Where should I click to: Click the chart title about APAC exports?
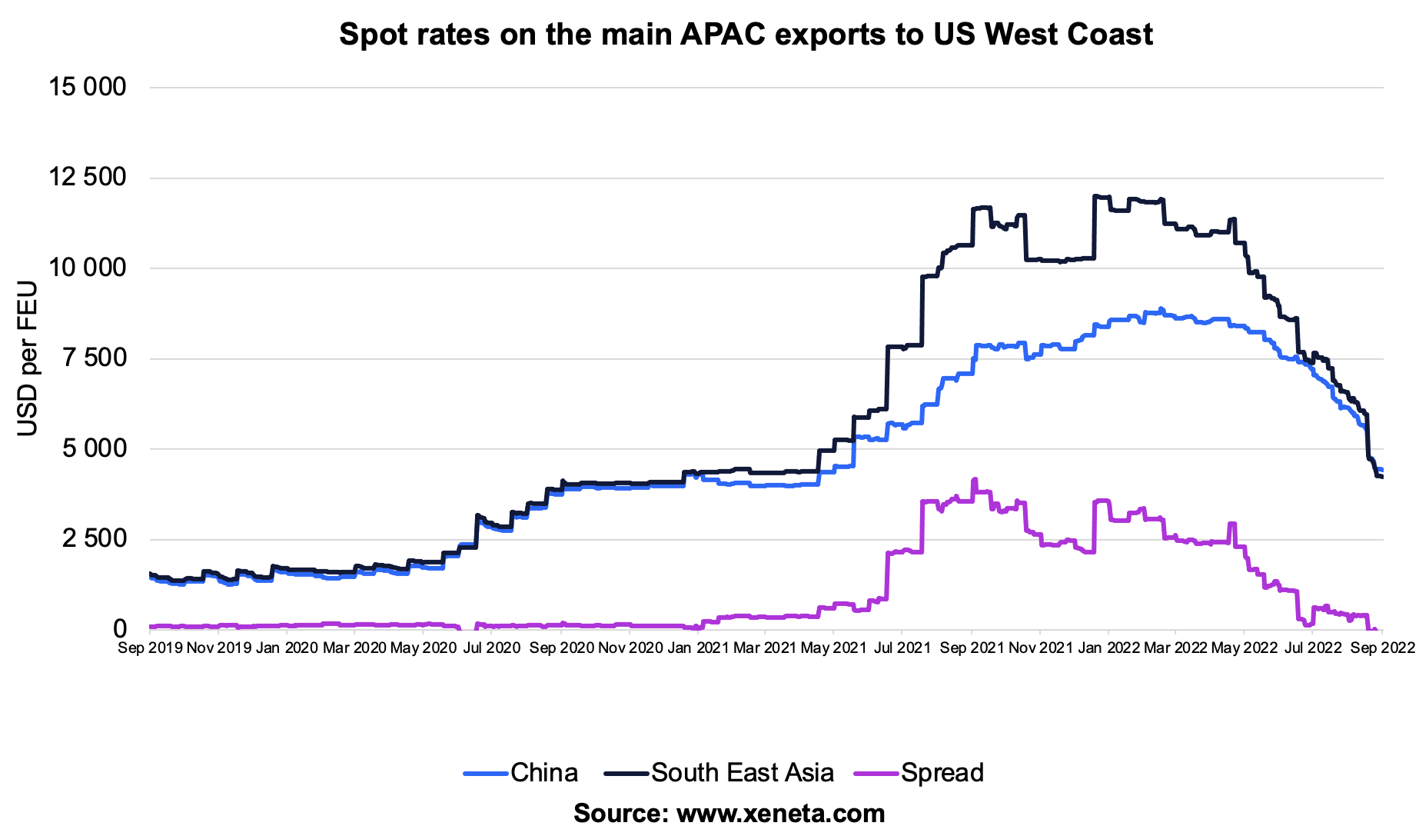pos(745,35)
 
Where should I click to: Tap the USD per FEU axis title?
pos(28,358)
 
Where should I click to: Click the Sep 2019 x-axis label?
pos(151,648)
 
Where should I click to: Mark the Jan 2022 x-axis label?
pos(1108,648)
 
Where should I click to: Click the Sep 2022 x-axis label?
pos(1382,648)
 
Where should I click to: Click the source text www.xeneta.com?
pos(729,813)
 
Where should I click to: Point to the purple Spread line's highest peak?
pos(975,479)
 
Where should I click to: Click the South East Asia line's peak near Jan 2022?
pos(1095,195)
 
